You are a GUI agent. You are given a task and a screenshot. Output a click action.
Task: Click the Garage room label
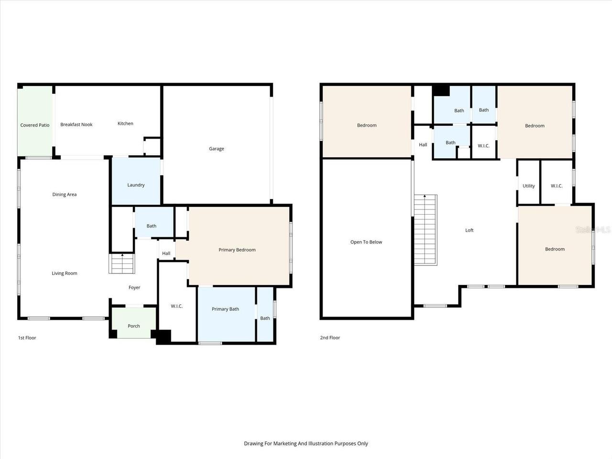(216, 149)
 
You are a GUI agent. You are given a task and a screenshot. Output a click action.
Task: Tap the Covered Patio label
(35, 125)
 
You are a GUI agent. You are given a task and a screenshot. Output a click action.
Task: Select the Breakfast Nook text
(76, 125)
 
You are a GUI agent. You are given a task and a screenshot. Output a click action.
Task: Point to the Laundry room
(136, 185)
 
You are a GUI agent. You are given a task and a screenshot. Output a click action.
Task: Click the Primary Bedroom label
(237, 250)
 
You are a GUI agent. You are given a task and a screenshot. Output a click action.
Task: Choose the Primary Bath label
(225, 309)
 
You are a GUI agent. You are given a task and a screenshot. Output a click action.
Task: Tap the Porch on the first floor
(134, 326)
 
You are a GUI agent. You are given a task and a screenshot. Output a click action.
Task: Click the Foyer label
(134, 288)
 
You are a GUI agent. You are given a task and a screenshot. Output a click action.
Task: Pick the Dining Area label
(65, 195)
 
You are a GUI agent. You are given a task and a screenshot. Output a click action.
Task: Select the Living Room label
(65, 273)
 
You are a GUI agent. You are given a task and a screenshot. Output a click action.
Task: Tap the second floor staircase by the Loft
(425, 229)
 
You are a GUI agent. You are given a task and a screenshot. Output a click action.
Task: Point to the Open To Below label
(366, 242)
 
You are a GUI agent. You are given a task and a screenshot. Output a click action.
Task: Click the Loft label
(470, 230)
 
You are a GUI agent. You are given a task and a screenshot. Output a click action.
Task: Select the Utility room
(529, 186)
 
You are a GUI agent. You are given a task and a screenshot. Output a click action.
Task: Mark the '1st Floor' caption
(27, 338)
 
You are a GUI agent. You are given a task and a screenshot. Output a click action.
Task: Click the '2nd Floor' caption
(330, 338)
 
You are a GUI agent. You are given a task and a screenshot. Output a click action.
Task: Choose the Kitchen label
(125, 124)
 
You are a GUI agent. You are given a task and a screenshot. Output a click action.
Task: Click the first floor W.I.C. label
(177, 306)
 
